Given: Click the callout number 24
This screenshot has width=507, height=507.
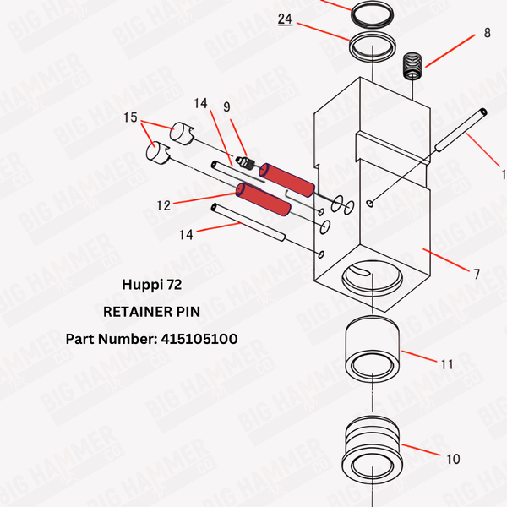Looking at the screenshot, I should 284,18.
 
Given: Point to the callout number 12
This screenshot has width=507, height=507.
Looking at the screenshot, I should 163,204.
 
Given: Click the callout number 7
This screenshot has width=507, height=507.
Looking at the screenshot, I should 477,274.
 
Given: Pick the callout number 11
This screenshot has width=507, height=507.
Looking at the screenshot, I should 447,364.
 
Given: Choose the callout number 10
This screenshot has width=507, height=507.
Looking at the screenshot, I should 453,459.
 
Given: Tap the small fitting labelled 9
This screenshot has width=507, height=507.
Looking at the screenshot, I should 246,161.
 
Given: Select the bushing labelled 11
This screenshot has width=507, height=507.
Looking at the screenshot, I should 371,351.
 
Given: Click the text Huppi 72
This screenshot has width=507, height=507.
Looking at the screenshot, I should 151,286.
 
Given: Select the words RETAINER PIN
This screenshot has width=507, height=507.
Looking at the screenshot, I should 151,312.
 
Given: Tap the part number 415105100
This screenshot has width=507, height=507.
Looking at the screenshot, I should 151,339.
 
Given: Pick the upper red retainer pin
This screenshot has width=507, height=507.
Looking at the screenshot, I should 287,177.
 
